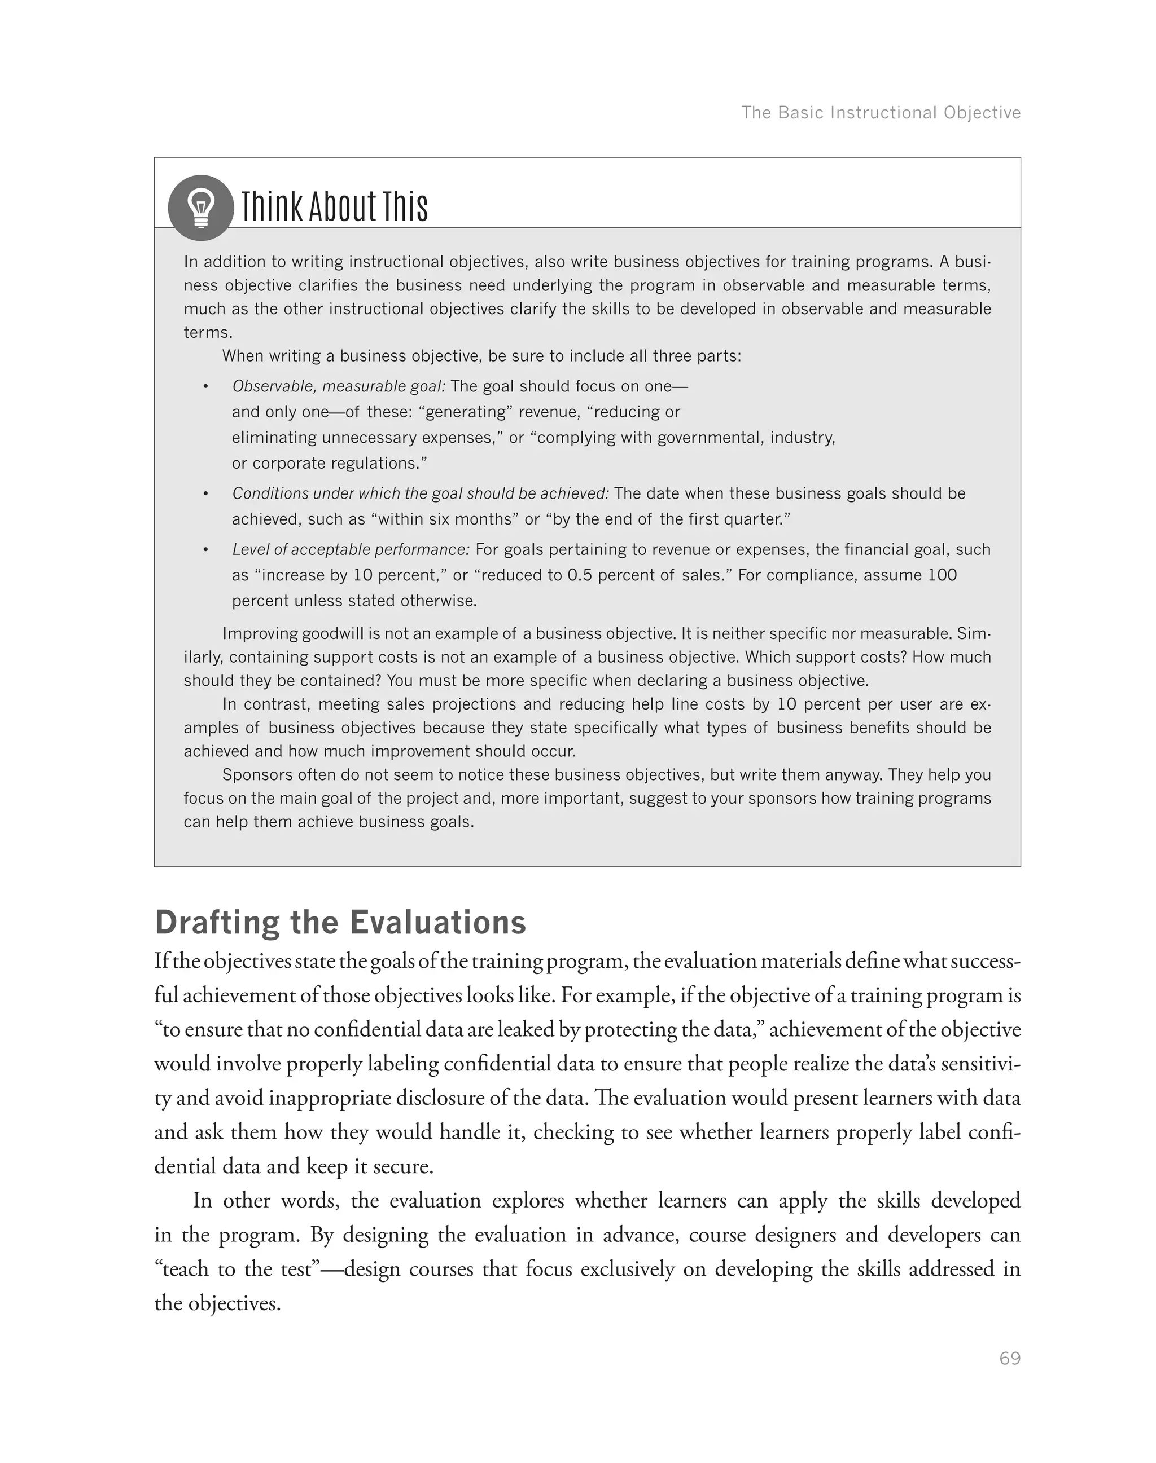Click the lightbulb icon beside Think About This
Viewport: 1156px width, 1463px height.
200,208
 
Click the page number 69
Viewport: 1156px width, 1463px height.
1009,1359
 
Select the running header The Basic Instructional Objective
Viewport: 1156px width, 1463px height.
881,113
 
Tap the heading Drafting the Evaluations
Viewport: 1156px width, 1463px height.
340,923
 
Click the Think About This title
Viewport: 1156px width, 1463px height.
334,206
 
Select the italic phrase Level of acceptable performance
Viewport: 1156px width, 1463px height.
351,549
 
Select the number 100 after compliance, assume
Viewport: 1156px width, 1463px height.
942,575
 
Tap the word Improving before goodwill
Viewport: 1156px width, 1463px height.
259,634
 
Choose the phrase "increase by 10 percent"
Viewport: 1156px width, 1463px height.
350,575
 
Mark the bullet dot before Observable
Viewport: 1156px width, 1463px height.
205,387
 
